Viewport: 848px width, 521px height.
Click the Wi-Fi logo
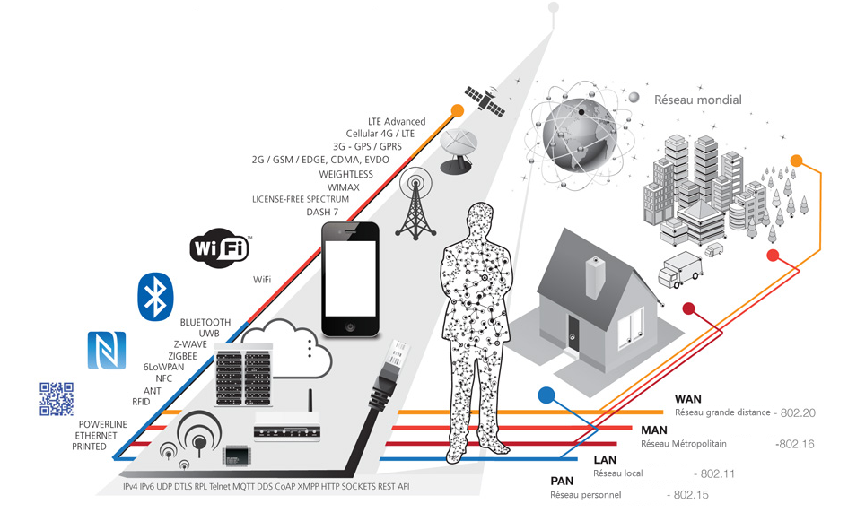point(220,248)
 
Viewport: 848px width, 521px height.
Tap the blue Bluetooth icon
point(155,297)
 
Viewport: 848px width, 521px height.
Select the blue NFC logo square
point(107,351)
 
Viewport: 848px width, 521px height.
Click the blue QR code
point(57,399)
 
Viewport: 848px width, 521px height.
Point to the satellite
point(485,101)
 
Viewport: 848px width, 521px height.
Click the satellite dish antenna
point(459,151)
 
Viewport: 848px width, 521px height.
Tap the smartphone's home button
point(351,327)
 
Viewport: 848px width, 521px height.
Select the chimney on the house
point(595,277)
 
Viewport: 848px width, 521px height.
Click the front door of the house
point(573,335)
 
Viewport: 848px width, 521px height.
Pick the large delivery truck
point(680,269)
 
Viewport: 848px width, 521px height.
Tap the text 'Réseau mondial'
point(697,100)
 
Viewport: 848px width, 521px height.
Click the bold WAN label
point(688,399)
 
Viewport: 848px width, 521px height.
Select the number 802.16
point(795,444)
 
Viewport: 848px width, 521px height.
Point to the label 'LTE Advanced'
point(397,122)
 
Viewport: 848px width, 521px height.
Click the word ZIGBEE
point(182,356)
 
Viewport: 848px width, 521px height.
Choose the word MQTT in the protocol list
point(243,486)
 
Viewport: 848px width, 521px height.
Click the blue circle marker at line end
point(546,395)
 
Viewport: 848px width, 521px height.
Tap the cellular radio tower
point(415,204)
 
